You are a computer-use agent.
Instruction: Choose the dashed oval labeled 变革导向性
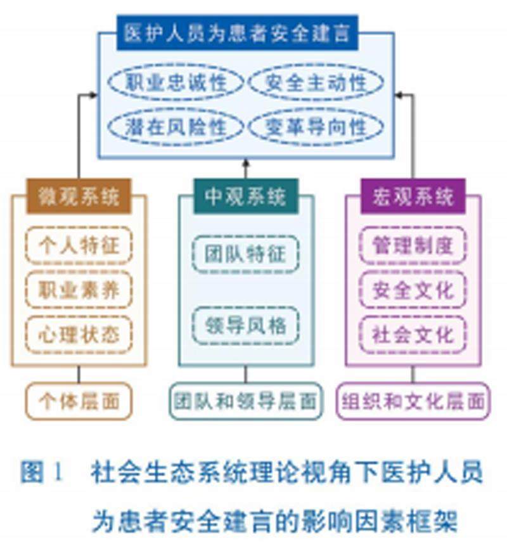click(316, 127)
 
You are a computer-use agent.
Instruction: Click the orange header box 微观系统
click(79, 196)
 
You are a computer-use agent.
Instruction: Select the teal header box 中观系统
click(245, 196)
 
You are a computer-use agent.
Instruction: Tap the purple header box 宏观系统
click(413, 196)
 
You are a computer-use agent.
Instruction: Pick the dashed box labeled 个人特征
click(79, 245)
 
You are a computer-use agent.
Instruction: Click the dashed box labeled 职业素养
click(79, 289)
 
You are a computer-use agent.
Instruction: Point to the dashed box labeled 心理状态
click(79, 334)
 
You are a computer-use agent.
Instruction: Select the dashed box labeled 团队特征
click(245, 254)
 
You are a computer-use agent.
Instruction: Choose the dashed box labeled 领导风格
click(245, 326)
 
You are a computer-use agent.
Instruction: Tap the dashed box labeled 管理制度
click(413, 245)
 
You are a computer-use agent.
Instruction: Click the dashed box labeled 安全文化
click(413, 289)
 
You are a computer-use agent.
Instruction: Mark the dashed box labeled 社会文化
click(413, 334)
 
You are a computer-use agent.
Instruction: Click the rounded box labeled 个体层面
click(79, 401)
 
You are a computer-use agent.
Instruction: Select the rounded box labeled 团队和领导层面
click(245, 401)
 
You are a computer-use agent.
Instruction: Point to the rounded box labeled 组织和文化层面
click(413, 401)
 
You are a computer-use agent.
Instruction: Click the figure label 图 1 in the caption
click(42, 472)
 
